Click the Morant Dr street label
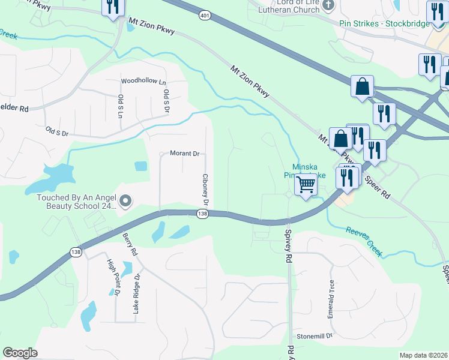tap(184, 154)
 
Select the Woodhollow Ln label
tap(143, 81)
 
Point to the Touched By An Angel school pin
tap(125, 201)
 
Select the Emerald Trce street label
tap(331, 293)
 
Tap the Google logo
tap(20, 353)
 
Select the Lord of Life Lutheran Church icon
tap(328, 6)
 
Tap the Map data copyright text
tap(423, 355)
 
